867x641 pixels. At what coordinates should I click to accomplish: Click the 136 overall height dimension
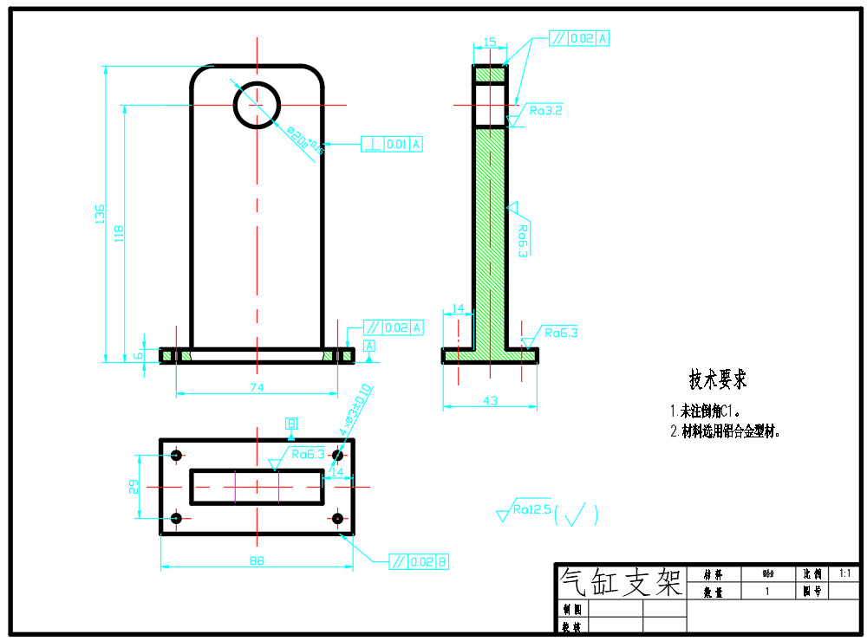(x=100, y=213)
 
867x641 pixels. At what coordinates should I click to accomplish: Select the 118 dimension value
(x=120, y=233)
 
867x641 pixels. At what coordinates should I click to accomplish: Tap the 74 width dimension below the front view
(x=257, y=388)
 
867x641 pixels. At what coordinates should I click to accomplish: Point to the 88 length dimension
(x=257, y=561)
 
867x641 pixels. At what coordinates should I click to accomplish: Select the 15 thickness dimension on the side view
(x=490, y=42)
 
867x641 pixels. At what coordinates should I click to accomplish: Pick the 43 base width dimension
(x=490, y=400)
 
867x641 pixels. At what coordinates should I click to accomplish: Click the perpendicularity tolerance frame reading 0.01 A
(x=392, y=145)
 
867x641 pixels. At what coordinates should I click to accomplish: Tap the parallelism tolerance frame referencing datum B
(x=419, y=561)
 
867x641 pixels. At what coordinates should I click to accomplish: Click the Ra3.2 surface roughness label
(x=546, y=111)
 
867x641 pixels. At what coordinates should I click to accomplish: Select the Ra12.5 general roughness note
(x=531, y=510)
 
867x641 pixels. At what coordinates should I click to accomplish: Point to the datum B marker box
(x=292, y=424)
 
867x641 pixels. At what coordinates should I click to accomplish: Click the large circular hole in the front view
(x=257, y=104)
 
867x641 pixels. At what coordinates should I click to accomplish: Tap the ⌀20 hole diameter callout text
(x=305, y=139)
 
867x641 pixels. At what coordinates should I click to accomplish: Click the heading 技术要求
(x=717, y=379)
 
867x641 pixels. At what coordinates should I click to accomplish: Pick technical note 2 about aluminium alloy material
(x=725, y=431)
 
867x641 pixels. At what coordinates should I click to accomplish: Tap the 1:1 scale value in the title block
(x=844, y=573)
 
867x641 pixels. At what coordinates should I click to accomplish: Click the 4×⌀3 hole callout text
(x=355, y=409)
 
